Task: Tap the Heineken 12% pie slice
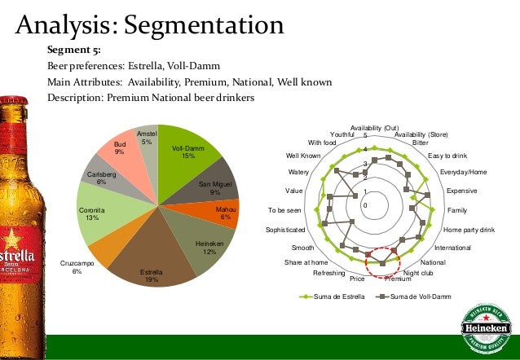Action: tap(205, 245)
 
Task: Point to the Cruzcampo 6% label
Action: tap(77, 268)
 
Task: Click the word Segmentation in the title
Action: tap(202, 24)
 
